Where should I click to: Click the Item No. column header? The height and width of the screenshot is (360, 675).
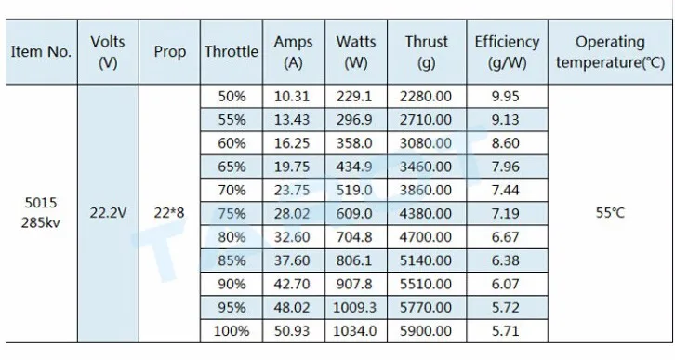[x=41, y=52]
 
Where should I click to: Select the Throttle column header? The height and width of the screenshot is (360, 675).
[x=232, y=52]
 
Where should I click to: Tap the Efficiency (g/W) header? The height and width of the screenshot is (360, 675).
[x=507, y=52]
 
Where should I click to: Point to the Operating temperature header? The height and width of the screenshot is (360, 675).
[x=610, y=52]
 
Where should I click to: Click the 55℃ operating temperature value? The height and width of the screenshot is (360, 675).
[x=610, y=213]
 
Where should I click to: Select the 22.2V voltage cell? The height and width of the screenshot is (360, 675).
[x=108, y=213]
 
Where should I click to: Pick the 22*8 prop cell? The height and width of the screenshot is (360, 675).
[x=169, y=213]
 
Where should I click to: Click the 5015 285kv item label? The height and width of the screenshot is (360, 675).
[x=41, y=213]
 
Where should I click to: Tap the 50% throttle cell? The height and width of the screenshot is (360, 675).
[x=232, y=96]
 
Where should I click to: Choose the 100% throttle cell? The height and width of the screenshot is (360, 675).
[x=232, y=331]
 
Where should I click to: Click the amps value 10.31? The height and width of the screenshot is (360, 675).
[x=292, y=96]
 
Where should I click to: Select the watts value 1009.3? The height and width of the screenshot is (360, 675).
[x=355, y=308]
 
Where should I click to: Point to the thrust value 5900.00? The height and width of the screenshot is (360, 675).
[x=426, y=331]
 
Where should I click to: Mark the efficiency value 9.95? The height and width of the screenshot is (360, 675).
[x=506, y=96]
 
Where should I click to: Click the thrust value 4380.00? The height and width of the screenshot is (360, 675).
[x=426, y=214]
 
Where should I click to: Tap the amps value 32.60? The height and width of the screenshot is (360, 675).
[x=292, y=237]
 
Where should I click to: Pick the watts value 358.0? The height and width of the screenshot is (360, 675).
[x=354, y=143]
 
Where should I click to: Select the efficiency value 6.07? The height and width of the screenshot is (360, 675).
[x=506, y=285]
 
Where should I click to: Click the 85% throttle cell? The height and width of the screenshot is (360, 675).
[x=232, y=260]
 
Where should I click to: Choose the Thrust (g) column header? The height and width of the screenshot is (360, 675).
[x=426, y=52]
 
